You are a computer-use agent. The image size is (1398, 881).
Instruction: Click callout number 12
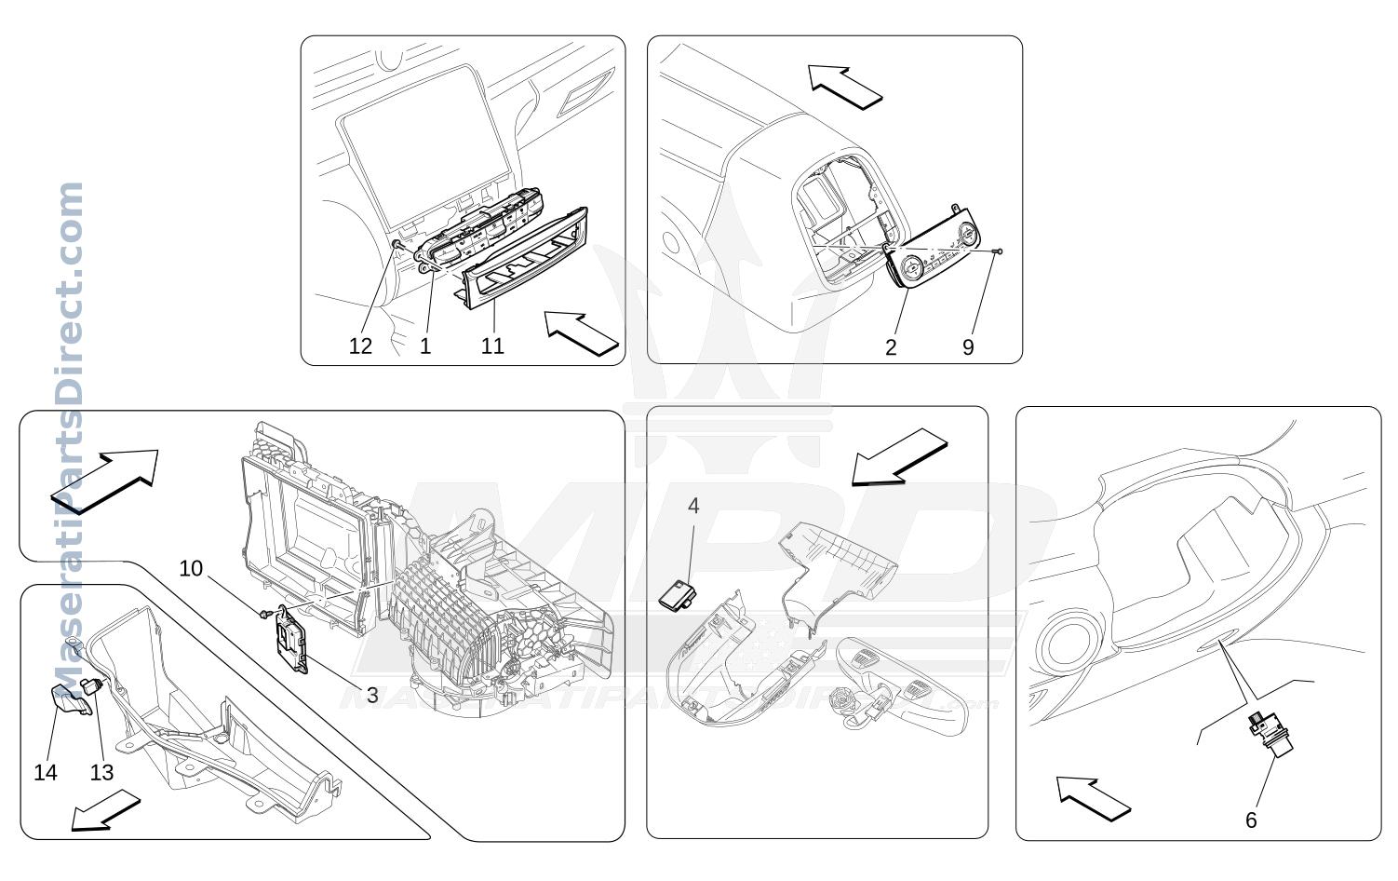coord(360,346)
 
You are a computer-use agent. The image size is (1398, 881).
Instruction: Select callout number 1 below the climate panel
coord(425,346)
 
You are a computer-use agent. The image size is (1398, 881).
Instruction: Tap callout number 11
coord(491,346)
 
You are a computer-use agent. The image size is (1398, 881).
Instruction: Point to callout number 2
coord(891,347)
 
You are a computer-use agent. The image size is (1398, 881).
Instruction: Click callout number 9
coord(968,347)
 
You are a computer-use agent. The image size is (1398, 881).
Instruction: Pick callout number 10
coord(191,568)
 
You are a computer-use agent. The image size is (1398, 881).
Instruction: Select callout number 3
coord(372,695)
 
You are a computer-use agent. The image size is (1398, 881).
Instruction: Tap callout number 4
coord(693,506)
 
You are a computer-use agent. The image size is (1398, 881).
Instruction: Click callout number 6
coord(1251,820)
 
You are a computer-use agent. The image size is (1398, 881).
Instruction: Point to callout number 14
coord(46,772)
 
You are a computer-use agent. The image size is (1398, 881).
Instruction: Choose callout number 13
coord(101,772)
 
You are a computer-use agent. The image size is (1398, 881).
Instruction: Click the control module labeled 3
coord(290,640)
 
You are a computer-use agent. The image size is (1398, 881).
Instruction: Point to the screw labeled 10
coord(264,615)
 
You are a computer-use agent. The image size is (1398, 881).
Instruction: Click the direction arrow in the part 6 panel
coord(1093,799)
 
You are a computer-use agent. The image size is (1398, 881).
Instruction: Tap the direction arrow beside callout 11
coord(581,333)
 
